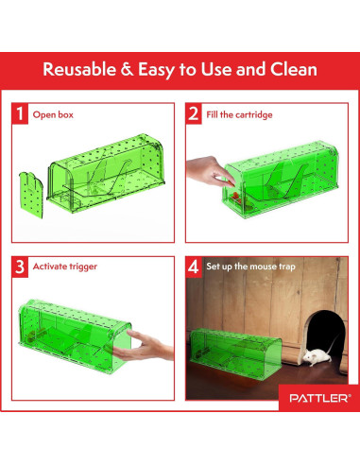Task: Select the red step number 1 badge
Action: pos(20,114)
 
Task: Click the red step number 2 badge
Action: pos(194,114)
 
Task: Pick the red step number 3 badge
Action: pos(20,267)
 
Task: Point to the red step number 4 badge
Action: pos(194,267)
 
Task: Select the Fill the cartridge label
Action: pos(238,114)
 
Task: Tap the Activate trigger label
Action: pos(65,267)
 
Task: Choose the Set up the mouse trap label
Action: pos(250,267)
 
